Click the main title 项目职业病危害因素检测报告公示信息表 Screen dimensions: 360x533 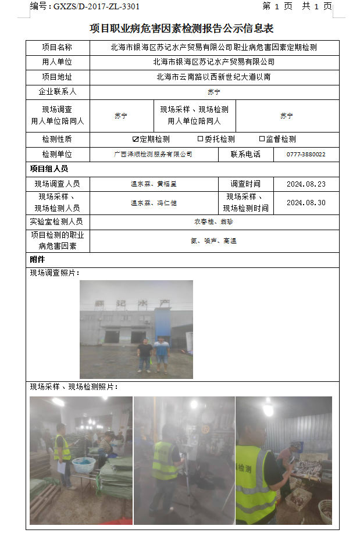click(x=181, y=28)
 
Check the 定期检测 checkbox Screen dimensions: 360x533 click(x=136, y=139)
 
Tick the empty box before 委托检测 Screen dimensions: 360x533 click(x=201, y=139)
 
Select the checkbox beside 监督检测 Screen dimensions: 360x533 click(x=262, y=139)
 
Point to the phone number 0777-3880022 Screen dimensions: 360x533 click(x=306, y=155)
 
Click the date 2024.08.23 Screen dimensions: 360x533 click(x=306, y=184)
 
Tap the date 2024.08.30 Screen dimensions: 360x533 click(x=306, y=203)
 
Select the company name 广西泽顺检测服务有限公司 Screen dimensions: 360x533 click(x=154, y=155)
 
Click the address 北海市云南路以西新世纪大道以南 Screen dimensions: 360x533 click(x=213, y=77)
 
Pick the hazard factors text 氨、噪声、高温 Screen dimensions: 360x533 click(x=213, y=241)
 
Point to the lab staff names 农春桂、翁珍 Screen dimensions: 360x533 click(x=213, y=221)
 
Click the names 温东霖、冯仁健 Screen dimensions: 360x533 click(x=154, y=203)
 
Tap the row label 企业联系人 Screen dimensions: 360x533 click(x=57, y=92)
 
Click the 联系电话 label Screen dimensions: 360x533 click(x=245, y=155)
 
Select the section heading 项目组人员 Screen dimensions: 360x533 click(x=49, y=169)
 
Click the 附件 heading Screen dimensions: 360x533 click(x=37, y=260)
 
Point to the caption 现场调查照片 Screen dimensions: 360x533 click(x=55, y=273)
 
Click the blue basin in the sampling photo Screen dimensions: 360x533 click(x=84, y=464)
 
